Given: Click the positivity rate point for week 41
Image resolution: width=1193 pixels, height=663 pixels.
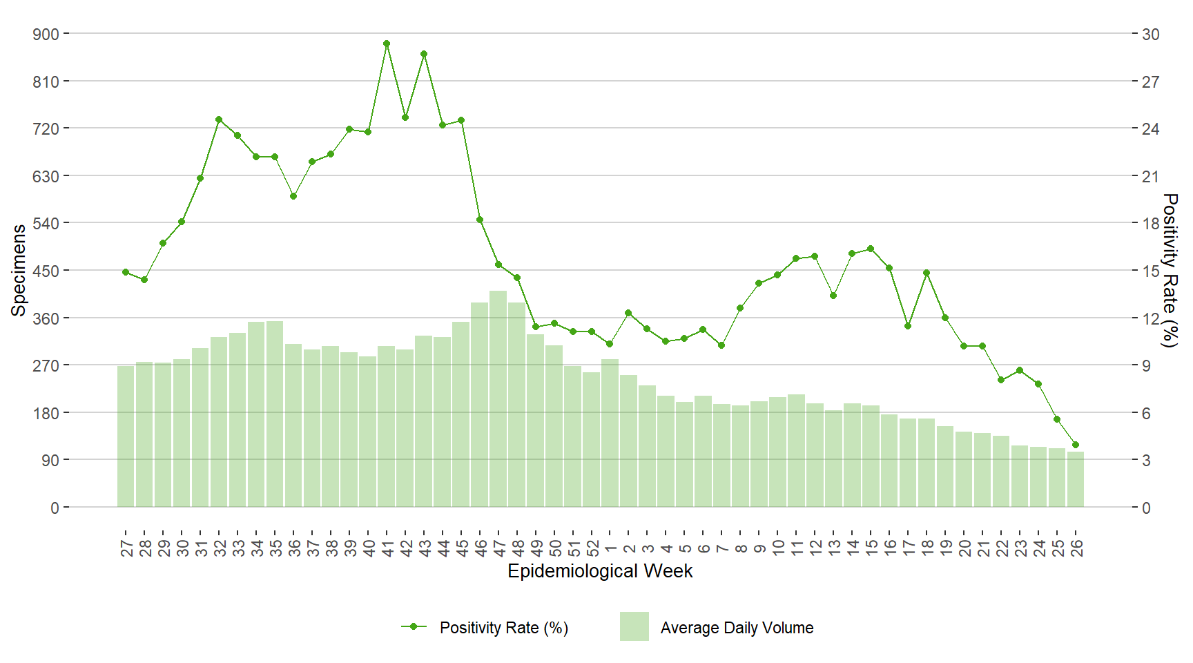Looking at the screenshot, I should (x=387, y=44).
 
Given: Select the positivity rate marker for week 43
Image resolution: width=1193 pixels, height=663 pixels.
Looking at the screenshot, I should (x=424, y=54).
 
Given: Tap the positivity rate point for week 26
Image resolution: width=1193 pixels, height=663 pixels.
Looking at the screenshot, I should (x=1075, y=445).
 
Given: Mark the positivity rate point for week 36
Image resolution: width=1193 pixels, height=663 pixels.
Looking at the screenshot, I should (x=293, y=196).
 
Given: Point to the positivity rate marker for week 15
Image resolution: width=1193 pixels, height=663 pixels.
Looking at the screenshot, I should (x=871, y=249).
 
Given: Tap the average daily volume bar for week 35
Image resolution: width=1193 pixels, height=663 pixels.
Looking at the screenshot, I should (x=275, y=414).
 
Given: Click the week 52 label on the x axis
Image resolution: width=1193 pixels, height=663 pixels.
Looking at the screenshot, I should (x=592, y=548).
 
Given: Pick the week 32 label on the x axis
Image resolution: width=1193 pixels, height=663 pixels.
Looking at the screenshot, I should (x=220, y=548).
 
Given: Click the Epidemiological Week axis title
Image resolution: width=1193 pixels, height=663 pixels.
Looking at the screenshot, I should (x=600, y=571).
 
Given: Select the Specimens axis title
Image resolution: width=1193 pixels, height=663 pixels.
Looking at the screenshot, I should (x=19, y=270).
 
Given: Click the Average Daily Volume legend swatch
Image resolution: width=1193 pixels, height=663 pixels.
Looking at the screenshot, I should (x=634, y=626).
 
